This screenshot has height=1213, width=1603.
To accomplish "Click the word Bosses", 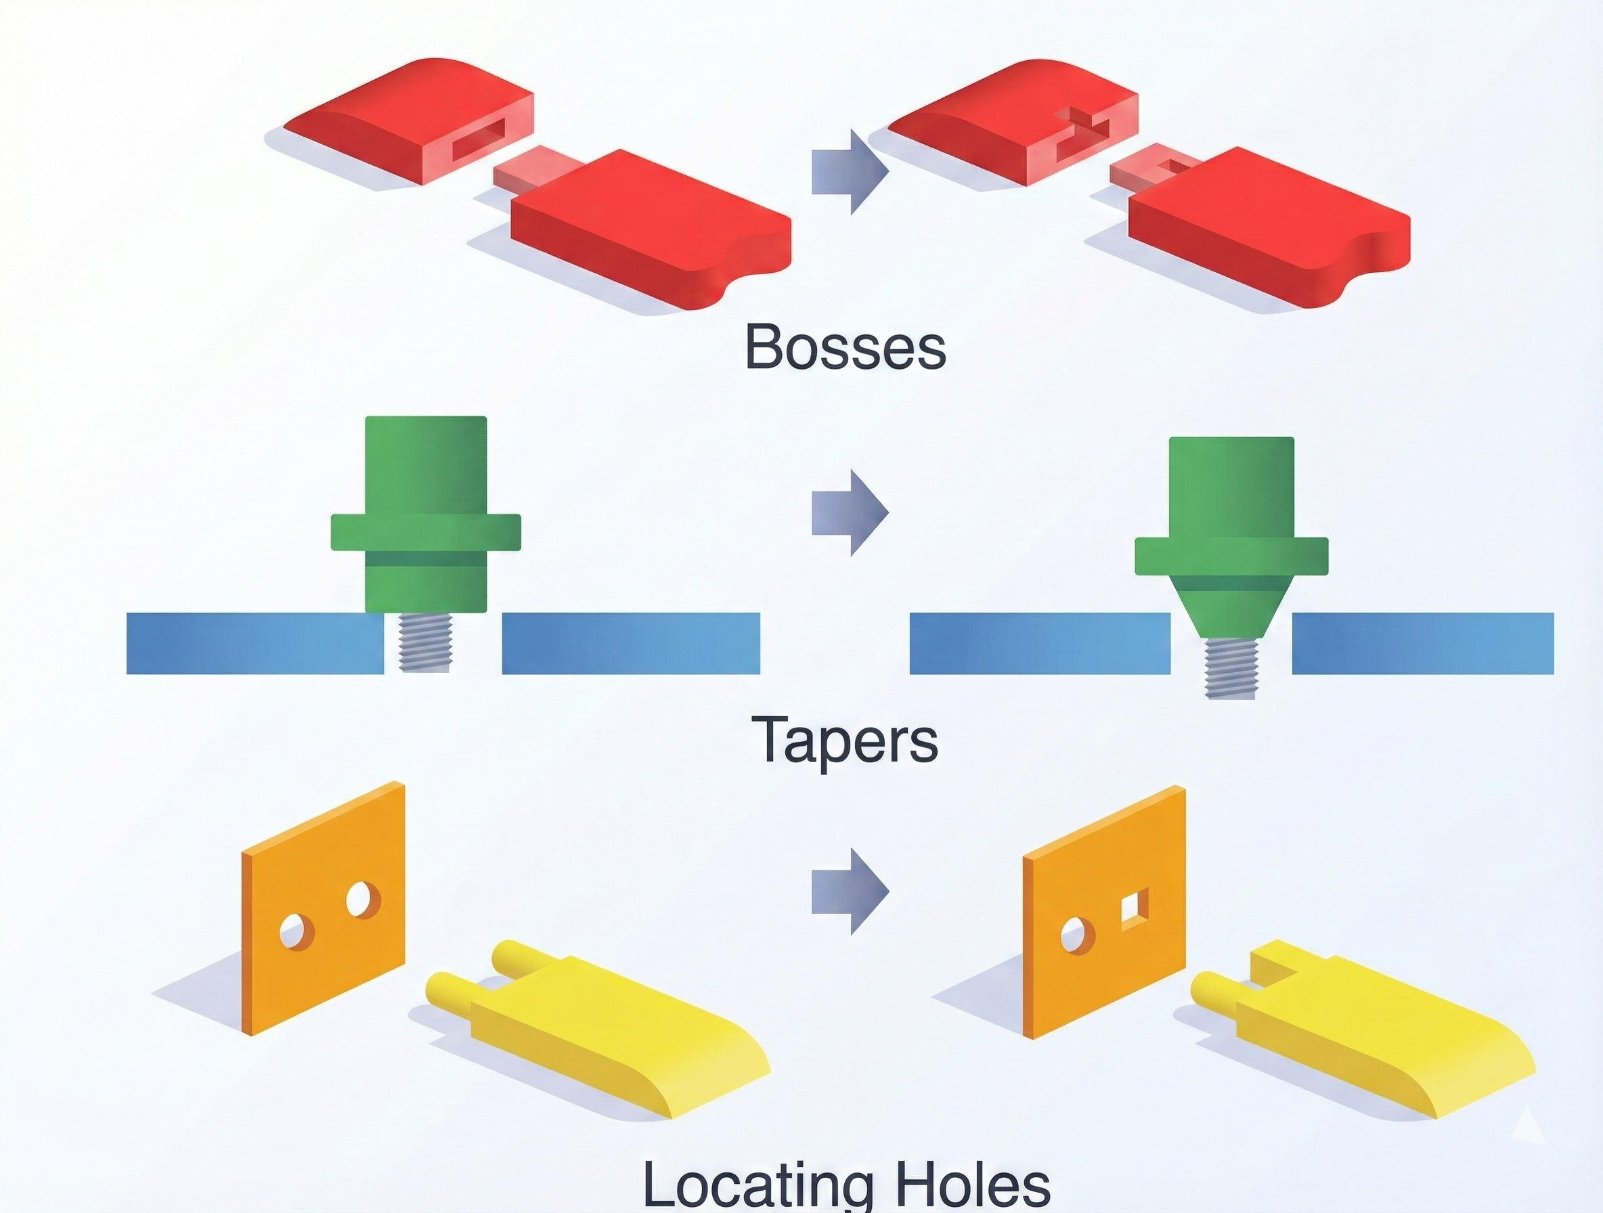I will tap(845, 347).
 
